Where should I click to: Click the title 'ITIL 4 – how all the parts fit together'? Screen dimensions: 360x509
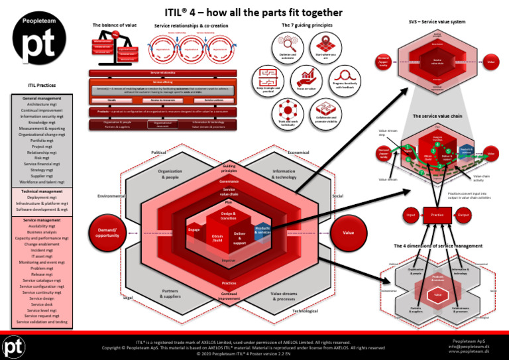point(254,12)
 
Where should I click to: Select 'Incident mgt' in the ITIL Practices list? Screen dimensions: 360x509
point(46,251)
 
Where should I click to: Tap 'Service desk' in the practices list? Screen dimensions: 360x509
point(46,304)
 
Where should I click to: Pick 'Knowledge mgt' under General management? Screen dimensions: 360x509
point(46,122)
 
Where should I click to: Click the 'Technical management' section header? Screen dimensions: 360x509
point(46,190)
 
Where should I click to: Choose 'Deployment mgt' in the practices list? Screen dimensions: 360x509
point(46,197)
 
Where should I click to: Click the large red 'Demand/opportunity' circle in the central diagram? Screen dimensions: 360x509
point(107,233)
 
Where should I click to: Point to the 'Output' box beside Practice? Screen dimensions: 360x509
point(463,215)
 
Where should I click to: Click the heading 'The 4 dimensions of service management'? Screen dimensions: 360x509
point(437,246)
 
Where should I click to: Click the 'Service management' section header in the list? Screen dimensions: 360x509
point(46,219)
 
